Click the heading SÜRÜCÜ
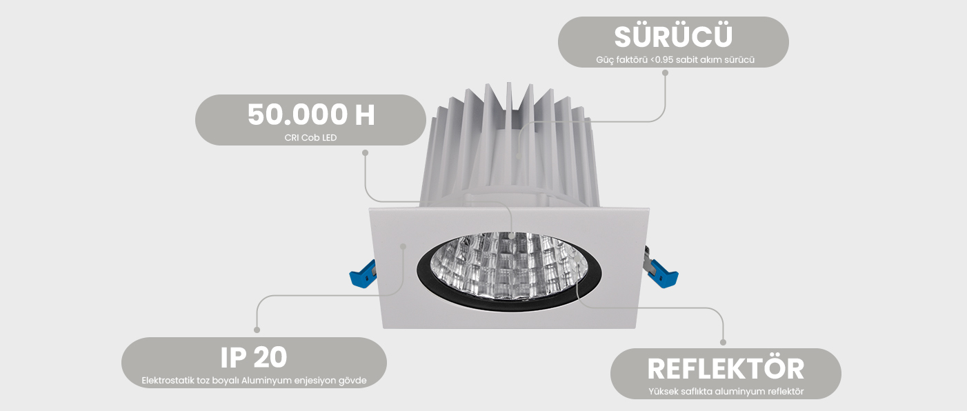673,37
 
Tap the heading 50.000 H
311,114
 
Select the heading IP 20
254,357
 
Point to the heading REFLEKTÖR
726,368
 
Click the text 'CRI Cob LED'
310,137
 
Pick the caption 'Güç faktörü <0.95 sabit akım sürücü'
675,60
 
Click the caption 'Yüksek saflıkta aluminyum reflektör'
726,392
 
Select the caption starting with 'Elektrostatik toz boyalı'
254,380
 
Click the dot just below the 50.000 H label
365,152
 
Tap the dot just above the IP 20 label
257,330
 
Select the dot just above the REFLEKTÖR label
724,342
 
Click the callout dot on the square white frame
404,245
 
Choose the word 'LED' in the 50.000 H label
329,137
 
